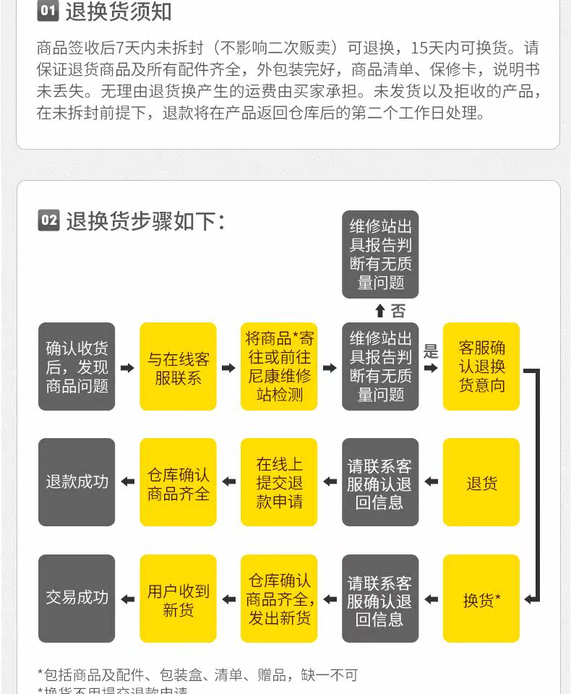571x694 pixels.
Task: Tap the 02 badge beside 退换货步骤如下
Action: coord(48,220)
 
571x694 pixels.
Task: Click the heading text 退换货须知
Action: coord(119,12)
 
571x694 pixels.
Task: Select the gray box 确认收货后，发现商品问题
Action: coord(77,367)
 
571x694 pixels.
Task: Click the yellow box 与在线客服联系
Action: coord(178,367)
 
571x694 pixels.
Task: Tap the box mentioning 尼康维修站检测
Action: coord(279,367)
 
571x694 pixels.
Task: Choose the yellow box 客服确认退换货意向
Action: coord(481,367)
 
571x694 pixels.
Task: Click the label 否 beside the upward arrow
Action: coord(398,312)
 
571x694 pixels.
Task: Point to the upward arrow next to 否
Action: coord(380,312)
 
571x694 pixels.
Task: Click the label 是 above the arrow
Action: coord(431,352)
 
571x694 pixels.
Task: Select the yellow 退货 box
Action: coord(481,482)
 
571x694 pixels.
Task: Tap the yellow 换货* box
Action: coord(481,599)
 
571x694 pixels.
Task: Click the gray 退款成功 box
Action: coord(77,482)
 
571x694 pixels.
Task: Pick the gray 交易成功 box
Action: coord(77,599)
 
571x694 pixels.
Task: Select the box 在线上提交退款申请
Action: coord(279,482)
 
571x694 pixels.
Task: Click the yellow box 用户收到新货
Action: coord(178,599)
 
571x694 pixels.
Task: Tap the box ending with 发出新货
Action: coord(279,599)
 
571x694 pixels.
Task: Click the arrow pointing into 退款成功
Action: coord(127,482)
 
